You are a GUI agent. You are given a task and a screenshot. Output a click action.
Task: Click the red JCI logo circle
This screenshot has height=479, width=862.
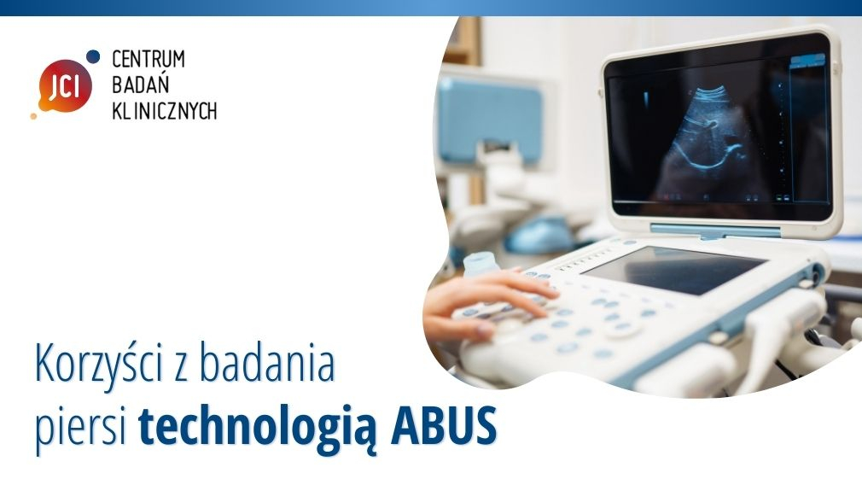point(65,86)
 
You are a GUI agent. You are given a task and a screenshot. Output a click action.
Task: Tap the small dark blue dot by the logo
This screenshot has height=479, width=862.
point(93,56)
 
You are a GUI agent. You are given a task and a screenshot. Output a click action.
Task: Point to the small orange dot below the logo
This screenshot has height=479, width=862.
point(33,116)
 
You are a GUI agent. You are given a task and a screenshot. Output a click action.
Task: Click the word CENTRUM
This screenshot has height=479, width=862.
point(149,59)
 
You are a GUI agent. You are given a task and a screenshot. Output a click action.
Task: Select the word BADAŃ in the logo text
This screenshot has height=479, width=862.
point(140,84)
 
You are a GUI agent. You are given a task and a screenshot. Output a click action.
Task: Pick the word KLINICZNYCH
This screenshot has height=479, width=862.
point(165,110)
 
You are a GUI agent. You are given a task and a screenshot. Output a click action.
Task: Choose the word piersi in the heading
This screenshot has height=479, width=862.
point(81,427)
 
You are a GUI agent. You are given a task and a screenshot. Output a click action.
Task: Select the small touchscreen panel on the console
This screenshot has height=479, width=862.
point(673,269)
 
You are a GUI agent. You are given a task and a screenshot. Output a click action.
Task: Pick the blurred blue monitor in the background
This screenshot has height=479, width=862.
point(489,120)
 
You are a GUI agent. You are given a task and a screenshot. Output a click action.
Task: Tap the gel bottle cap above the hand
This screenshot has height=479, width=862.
point(481,263)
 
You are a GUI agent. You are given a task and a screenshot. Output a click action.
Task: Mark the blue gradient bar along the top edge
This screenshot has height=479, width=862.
point(431,8)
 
